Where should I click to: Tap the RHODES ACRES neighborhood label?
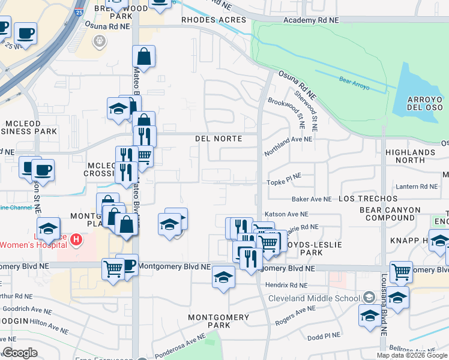coord(214,20)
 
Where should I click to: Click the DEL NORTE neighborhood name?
coord(218,139)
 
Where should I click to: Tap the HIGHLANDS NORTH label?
coord(410,156)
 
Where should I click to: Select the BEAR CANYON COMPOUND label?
coord(387,214)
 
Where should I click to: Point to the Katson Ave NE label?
coord(286,214)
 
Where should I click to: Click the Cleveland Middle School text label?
coord(313,298)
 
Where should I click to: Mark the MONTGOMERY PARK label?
coord(218,321)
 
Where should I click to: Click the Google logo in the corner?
coord(20,353)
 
